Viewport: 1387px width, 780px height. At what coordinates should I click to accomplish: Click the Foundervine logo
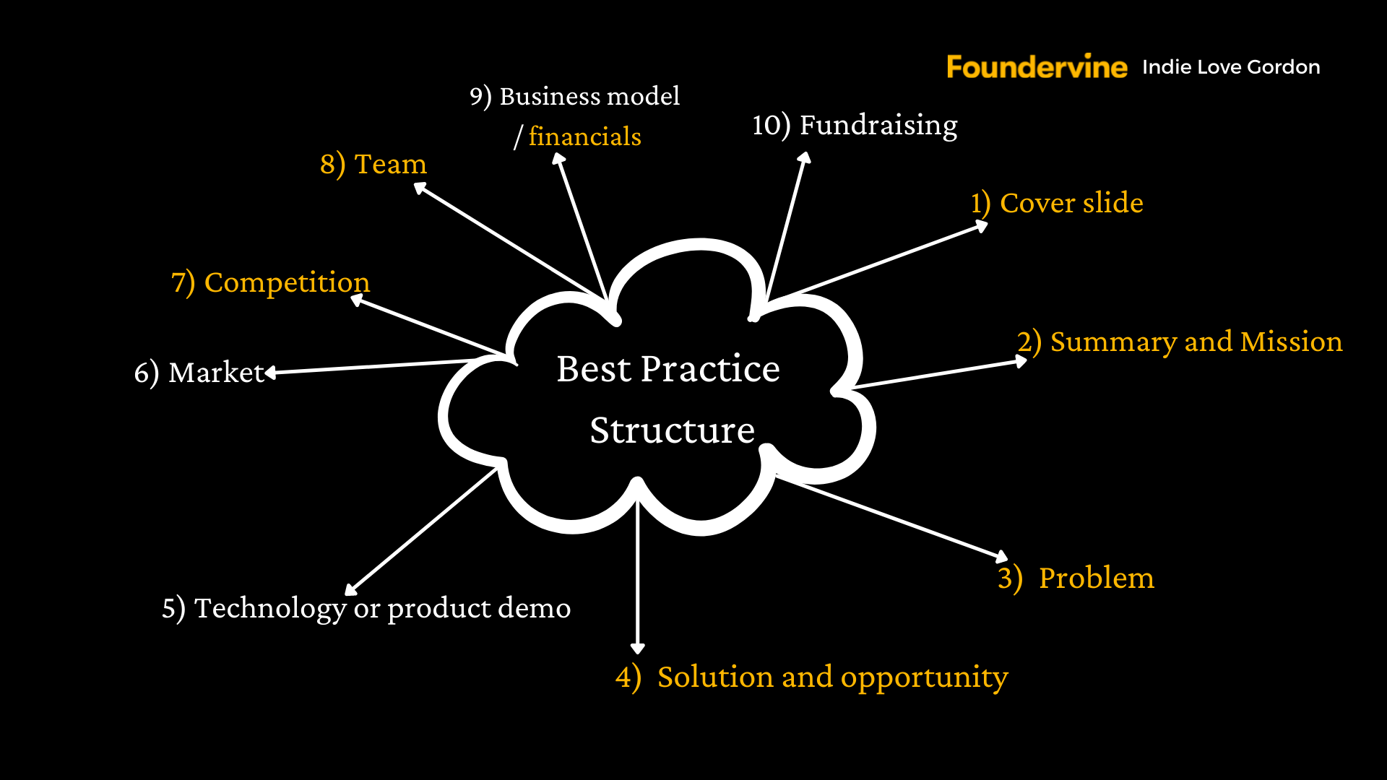[x=1036, y=66]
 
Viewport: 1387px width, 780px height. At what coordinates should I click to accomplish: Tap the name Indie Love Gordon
[x=1231, y=67]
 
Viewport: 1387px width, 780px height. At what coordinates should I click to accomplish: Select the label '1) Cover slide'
[x=1056, y=203]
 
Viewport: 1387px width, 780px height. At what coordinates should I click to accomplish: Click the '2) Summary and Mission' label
[x=1179, y=342]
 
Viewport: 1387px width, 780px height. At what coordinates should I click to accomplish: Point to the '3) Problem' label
[x=1076, y=578]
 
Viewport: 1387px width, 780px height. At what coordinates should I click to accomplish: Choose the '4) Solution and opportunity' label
[x=811, y=677]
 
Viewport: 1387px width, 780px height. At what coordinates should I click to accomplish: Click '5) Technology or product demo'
[x=366, y=608]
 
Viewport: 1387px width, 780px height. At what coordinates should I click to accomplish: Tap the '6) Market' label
[x=199, y=373]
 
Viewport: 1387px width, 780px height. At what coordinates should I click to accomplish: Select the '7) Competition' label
[x=270, y=282]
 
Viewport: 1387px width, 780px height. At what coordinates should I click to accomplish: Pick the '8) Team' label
[x=373, y=164]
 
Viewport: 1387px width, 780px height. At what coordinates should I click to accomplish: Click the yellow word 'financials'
[x=584, y=136]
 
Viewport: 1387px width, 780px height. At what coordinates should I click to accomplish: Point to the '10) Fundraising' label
[x=855, y=125]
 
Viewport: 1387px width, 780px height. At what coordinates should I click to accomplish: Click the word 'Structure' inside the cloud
[x=672, y=430]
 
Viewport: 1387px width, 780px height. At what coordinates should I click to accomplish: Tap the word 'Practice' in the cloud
[x=710, y=369]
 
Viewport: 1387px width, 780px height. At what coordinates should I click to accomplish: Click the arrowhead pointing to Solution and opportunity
[x=637, y=648]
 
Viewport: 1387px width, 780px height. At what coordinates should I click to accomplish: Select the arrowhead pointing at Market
[x=271, y=372]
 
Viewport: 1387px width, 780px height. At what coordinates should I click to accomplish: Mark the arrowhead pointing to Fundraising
[x=804, y=157]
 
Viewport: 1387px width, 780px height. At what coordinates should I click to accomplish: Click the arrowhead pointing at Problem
[x=1001, y=556]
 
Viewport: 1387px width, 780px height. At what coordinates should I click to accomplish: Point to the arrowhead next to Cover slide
[x=982, y=226]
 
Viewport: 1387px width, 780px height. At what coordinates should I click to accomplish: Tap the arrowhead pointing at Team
[x=420, y=188]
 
